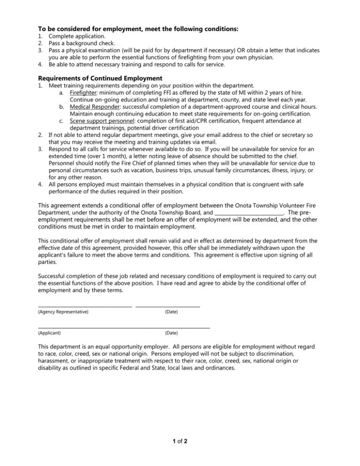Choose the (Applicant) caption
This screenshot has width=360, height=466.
(x=49, y=333)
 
